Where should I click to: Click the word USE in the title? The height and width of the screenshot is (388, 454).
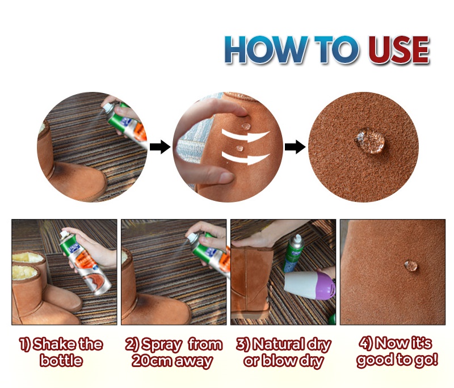click(398, 49)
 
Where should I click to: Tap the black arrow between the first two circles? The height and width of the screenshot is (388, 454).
click(160, 147)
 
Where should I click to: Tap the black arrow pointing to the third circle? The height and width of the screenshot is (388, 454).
click(295, 147)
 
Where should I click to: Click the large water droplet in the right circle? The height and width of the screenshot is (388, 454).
click(370, 141)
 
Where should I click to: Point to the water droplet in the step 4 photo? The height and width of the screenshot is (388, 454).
click(411, 266)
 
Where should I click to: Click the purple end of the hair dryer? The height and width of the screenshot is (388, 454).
click(325, 286)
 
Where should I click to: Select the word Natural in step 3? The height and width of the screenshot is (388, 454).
click(279, 344)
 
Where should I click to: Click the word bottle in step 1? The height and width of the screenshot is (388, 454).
click(61, 360)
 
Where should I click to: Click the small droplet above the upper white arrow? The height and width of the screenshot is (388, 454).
click(246, 126)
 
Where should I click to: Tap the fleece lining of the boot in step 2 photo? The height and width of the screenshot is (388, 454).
click(125, 256)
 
